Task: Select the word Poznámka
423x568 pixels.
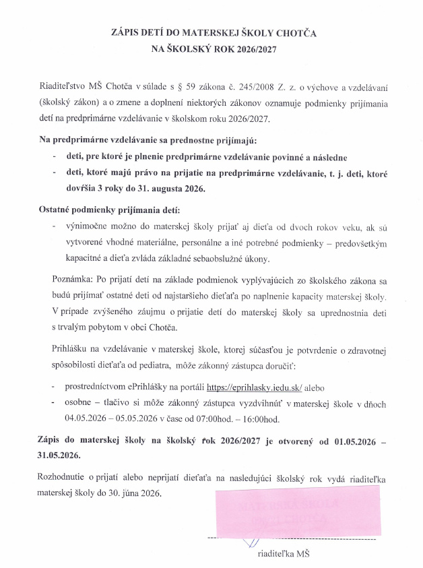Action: pyautogui.click(x=72, y=279)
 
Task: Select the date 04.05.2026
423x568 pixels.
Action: pyautogui.click(x=88, y=418)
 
